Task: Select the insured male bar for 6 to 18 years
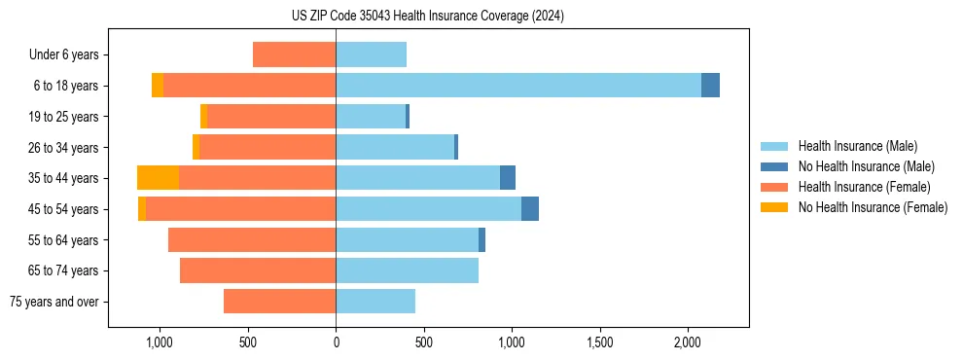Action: [518, 86]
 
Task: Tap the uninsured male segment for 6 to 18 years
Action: [710, 86]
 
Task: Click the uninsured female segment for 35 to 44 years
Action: [158, 178]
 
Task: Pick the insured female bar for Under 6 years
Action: [294, 54]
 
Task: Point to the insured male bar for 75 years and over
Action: [375, 302]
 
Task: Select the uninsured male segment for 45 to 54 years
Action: [530, 209]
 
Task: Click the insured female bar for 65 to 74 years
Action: [258, 270]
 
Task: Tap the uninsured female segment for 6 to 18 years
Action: [158, 86]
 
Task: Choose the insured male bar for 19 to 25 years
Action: [371, 117]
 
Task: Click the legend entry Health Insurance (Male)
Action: [857, 146]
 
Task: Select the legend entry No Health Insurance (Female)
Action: [873, 207]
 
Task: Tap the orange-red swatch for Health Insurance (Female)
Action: [775, 187]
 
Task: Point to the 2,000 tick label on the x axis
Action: [688, 342]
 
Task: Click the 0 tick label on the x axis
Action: [336, 342]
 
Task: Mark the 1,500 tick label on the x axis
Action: [599, 342]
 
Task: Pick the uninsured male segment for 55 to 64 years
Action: [481, 240]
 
